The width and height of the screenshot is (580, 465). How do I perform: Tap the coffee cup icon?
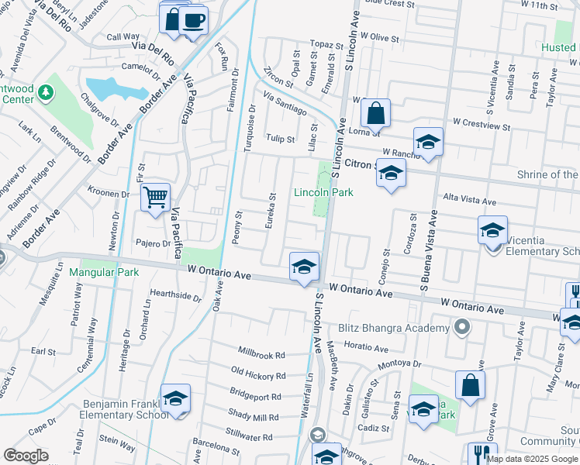[x=193, y=19]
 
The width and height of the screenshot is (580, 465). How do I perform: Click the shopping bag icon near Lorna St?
[x=375, y=112]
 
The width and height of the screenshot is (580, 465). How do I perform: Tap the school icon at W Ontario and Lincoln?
[x=305, y=267]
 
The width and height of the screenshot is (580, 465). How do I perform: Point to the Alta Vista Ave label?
[x=468, y=200]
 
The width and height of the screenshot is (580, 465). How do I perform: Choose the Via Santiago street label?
[x=285, y=104]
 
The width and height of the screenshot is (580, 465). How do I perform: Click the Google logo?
[x=26, y=456]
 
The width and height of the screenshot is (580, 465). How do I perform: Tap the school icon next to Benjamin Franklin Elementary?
[x=176, y=399]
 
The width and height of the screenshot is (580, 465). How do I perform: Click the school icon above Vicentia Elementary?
[x=492, y=229]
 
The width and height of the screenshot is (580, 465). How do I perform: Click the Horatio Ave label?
[x=364, y=345]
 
